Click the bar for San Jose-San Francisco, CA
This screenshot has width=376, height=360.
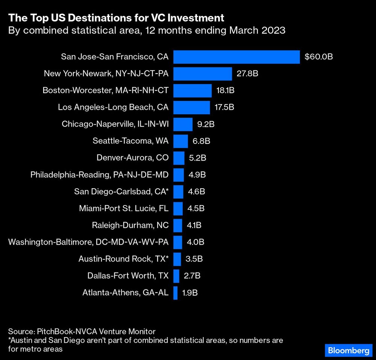[x=237, y=57]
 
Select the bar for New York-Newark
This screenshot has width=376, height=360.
[x=202, y=74]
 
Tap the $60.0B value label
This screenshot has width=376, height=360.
[x=318, y=57]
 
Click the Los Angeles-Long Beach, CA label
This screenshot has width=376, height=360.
[x=113, y=107]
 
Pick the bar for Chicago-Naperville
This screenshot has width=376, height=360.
[x=183, y=124]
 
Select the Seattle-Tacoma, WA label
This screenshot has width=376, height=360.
[x=130, y=141]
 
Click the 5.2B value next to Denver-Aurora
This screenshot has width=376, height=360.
[x=197, y=158]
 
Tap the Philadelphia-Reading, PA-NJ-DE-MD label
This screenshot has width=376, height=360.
[x=100, y=175]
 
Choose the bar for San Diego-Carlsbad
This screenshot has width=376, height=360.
[x=178, y=192]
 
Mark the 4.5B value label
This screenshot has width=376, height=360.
[x=196, y=208]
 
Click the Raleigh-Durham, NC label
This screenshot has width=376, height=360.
[x=130, y=225]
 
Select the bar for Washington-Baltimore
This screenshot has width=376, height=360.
[x=177, y=242]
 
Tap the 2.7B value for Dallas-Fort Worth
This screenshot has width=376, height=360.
[x=192, y=276]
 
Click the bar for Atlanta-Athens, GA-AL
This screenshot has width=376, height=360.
[x=175, y=293]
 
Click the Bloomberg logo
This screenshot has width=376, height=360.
[x=348, y=350]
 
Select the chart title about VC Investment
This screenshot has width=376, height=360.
[x=116, y=18]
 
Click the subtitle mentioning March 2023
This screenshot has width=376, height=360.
[x=147, y=30]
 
